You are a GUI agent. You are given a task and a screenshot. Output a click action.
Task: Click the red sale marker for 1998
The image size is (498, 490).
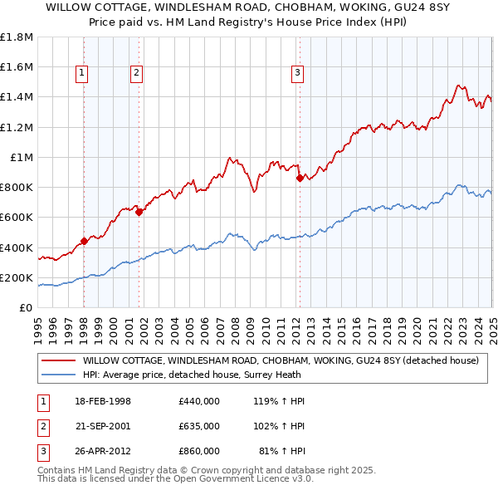tap(84, 242)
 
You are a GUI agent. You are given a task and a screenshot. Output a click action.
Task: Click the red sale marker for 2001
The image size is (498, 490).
tap(139, 212)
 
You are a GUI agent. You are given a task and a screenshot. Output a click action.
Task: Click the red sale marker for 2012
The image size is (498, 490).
tap(299, 177)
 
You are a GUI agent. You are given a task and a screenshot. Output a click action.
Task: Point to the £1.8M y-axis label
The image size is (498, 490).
tap(17, 37)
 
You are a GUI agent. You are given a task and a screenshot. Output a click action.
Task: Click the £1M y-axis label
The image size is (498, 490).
tap(22, 157)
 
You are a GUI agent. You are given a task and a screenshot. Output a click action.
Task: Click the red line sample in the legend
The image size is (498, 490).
tap(57, 360)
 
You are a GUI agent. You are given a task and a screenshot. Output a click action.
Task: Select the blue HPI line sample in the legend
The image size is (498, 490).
tap(57, 375)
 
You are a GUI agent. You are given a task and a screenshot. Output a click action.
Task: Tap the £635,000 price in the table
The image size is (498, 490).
tap(198, 426)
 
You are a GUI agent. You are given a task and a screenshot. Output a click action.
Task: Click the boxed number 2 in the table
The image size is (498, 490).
tap(42, 426)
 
